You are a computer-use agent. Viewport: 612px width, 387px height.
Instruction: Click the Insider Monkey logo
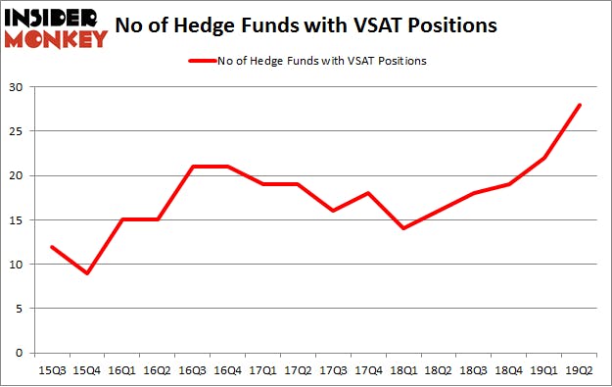point(55,27)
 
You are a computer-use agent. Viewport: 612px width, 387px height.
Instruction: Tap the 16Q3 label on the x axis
point(192,372)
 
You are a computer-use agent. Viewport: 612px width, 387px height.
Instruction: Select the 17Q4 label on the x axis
point(368,372)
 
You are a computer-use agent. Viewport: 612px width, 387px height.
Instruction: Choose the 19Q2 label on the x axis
point(579,372)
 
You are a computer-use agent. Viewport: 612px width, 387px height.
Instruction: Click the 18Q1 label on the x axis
point(403,372)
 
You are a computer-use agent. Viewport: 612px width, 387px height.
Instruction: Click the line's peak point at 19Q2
point(579,105)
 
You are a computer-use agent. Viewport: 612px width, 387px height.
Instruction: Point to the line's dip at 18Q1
point(403,228)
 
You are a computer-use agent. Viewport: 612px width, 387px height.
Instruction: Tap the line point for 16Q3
point(192,167)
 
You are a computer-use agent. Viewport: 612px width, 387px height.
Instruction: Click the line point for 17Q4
point(368,193)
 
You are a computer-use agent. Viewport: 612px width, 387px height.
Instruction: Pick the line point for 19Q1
point(543,158)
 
